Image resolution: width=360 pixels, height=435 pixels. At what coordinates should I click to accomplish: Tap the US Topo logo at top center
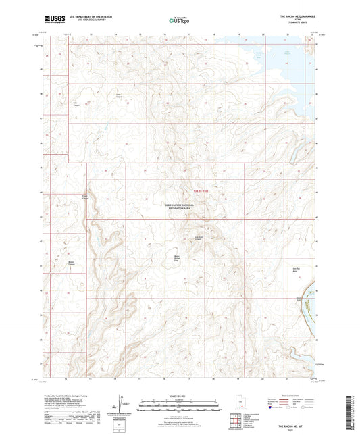177,20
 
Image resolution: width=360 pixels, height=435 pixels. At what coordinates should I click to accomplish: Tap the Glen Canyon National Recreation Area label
180,206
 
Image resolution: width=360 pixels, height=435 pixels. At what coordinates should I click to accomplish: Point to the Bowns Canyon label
72,263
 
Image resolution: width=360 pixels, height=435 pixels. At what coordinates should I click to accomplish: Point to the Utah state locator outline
241,406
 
